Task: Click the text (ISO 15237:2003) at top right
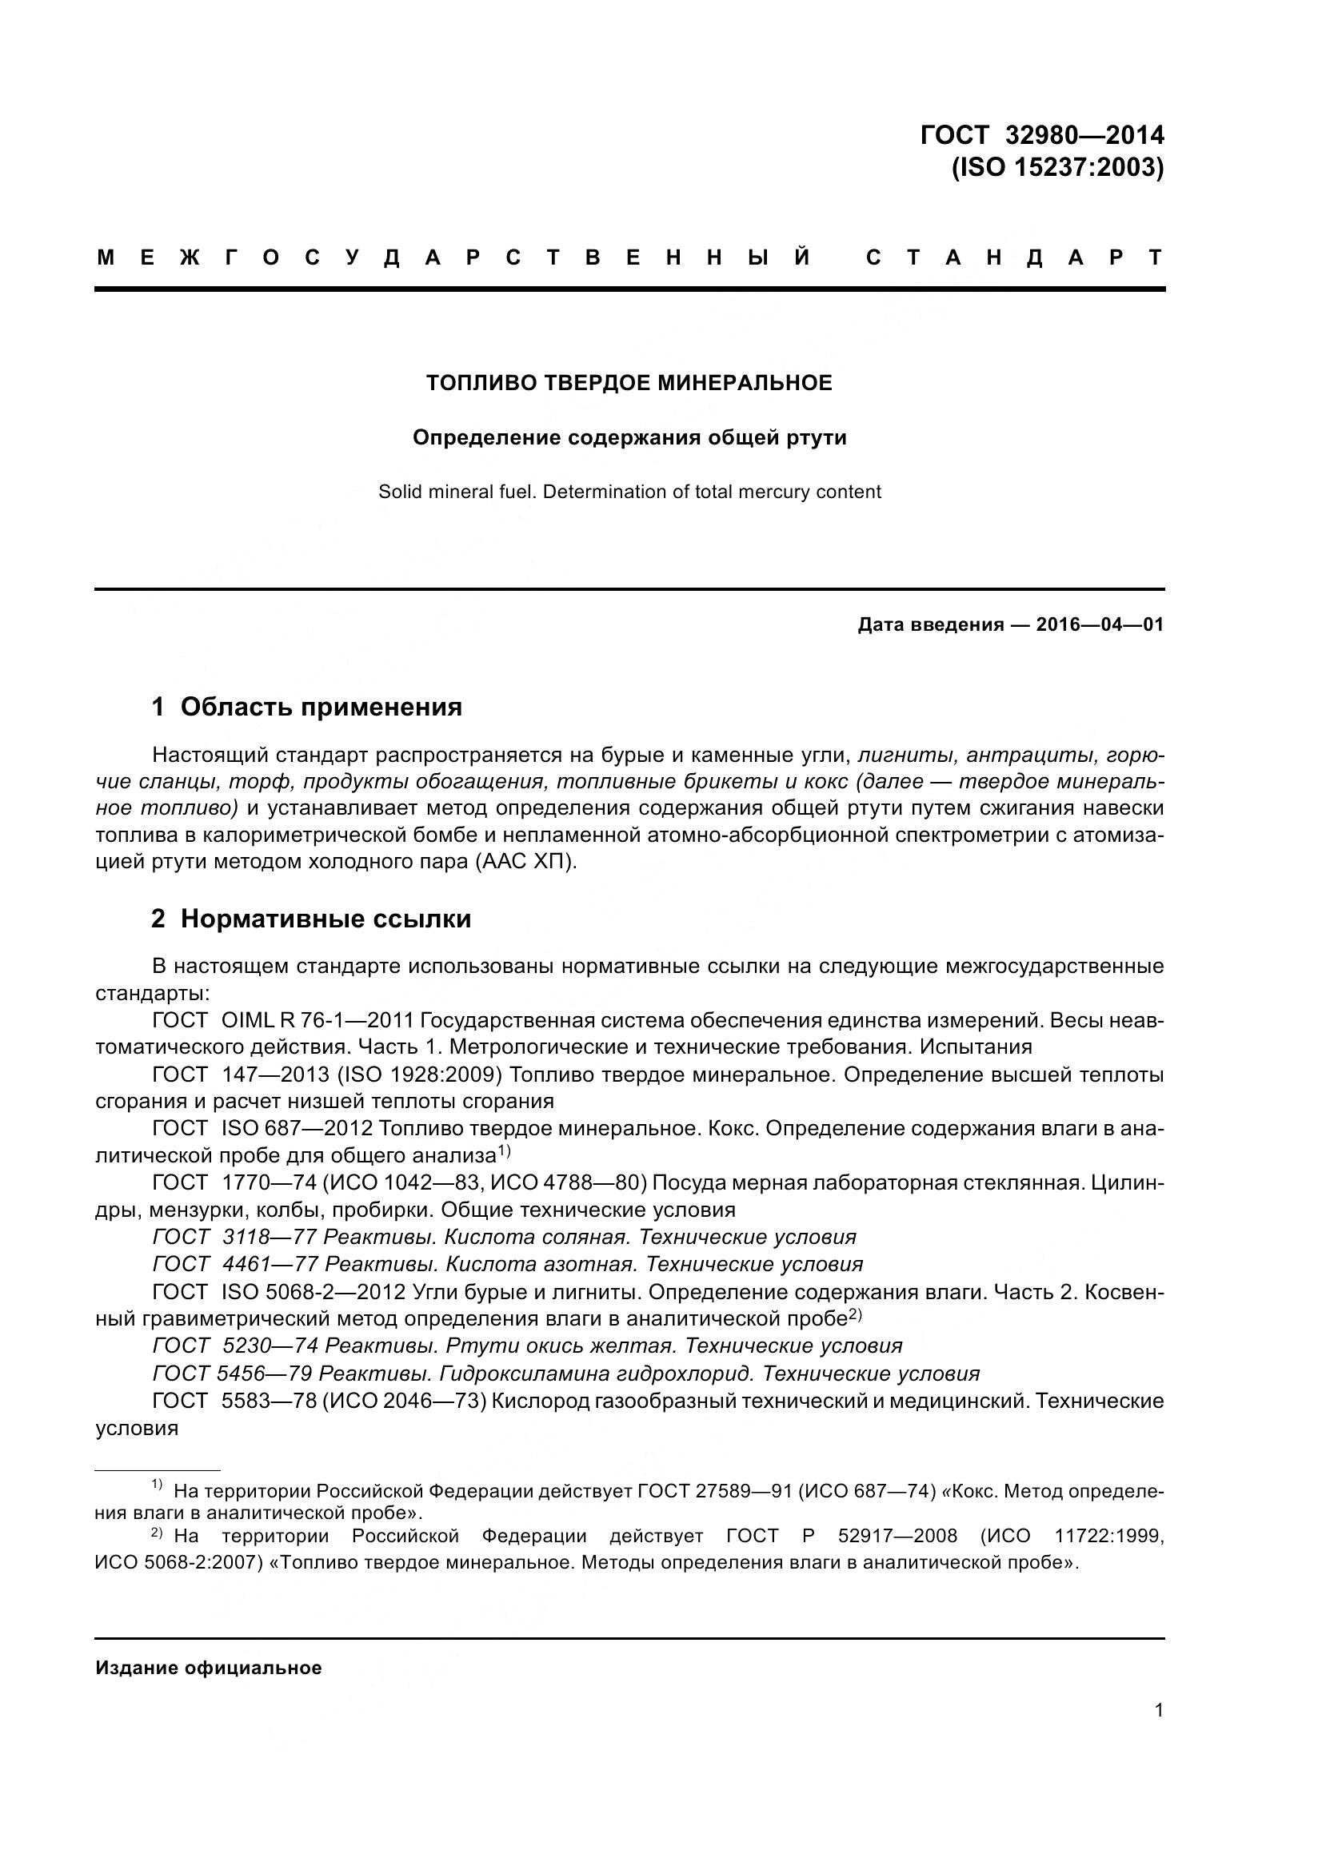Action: coord(1057,167)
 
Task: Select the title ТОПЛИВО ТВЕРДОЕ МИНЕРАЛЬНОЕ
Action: coord(629,383)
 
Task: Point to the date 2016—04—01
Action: coord(1100,625)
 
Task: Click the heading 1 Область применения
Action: coord(307,706)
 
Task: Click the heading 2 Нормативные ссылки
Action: coord(311,919)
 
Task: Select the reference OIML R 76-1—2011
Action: coord(318,1019)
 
